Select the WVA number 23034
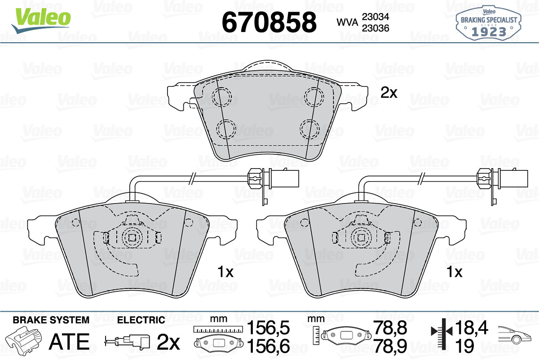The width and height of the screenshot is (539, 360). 376,16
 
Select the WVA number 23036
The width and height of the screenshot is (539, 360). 376,28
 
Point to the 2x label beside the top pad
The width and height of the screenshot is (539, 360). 389,93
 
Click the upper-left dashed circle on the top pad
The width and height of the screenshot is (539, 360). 221,97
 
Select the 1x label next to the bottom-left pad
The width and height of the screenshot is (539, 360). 225,272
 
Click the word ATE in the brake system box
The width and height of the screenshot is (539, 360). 69,342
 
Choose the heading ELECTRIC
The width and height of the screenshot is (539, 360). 141,320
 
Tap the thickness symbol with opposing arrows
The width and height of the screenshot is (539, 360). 442,332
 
